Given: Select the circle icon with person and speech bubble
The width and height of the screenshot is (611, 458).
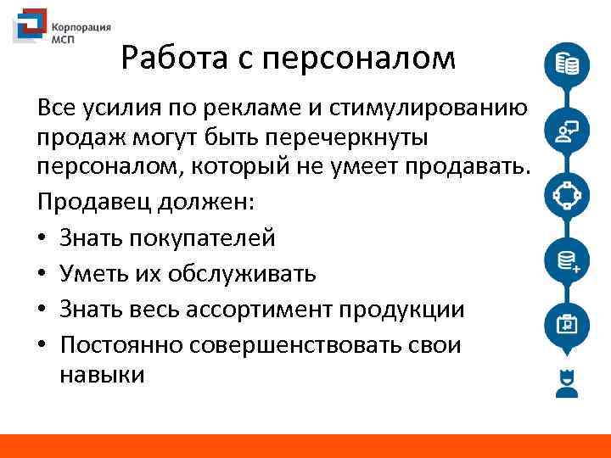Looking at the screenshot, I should (x=565, y=131).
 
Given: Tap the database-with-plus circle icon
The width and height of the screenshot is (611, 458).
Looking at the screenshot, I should (x=565, y=260).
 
